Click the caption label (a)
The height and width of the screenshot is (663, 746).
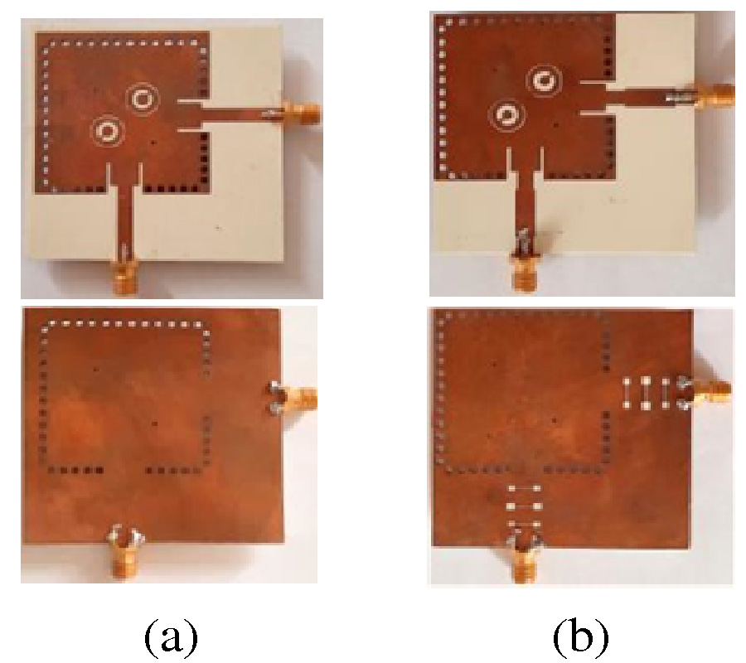coord(172,636)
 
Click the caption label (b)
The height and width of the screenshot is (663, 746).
coord(580,636)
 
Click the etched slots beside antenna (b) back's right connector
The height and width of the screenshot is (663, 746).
coord(646,393)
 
